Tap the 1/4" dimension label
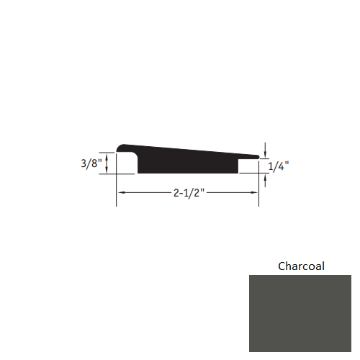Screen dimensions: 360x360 tap(280, 166)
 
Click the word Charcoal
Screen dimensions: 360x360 tap(301, 266)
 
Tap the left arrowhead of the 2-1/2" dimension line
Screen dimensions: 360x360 tap(121, 193)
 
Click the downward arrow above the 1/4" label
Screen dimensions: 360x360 tap(266, 153)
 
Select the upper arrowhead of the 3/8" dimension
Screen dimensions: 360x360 tap(107, 155)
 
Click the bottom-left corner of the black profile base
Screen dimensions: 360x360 tap(138, 174)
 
